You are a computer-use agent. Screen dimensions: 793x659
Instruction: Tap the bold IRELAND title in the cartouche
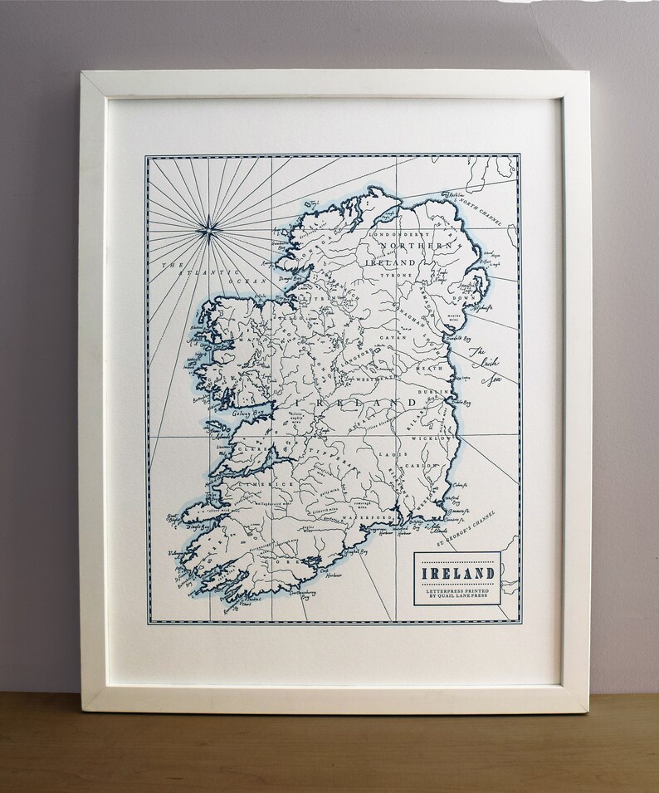458,573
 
